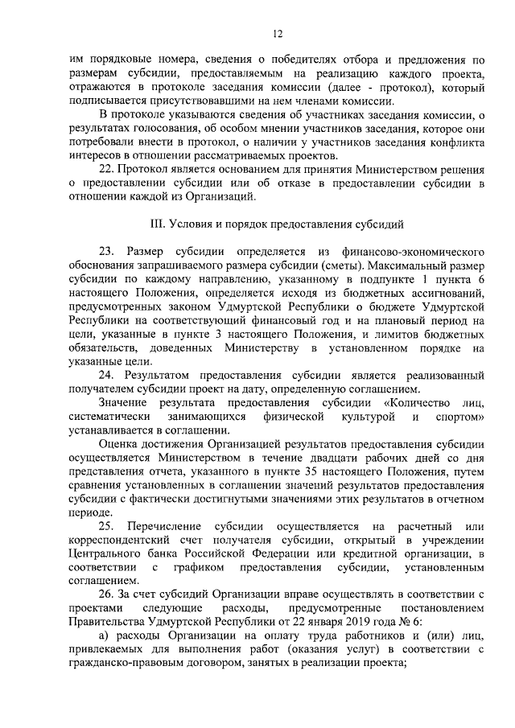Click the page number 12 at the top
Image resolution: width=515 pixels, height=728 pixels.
click(x=276, y=34)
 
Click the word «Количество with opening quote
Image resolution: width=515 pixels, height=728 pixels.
click(x=422, y=402)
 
